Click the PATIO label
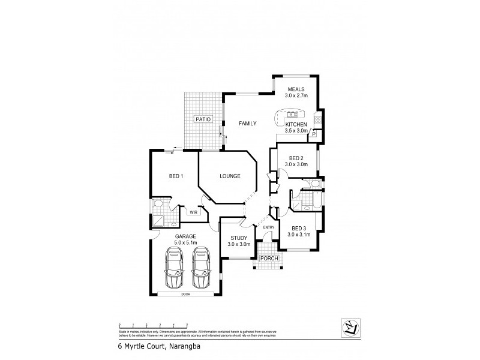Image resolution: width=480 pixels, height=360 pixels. coord(203,120)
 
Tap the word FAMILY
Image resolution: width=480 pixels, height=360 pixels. coord(247,124)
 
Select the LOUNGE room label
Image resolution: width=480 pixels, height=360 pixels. coord(230,176)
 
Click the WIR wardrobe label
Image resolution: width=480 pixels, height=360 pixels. coord(194,212)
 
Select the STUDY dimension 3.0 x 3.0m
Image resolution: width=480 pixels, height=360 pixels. coord(239,245)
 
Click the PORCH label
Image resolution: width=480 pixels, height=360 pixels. coord(264,259)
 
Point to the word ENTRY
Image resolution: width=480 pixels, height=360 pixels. coord(268,227)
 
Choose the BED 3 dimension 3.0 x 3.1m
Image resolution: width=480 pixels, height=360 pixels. coord(298,235)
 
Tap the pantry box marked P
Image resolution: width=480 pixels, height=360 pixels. coord(313,136)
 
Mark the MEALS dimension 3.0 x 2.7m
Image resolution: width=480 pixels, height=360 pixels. coord(296,95)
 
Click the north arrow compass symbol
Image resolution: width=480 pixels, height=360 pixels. coord(350,326)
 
